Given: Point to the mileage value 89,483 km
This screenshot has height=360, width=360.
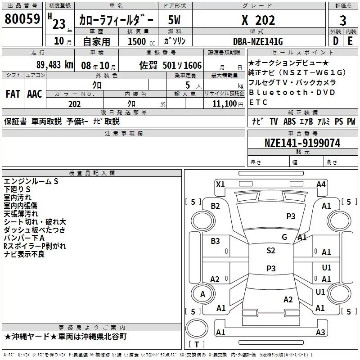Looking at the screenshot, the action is coord(54,64).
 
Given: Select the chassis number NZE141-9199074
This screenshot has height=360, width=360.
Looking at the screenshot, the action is coord(302,144).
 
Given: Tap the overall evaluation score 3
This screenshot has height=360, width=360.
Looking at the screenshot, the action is coord(343,20).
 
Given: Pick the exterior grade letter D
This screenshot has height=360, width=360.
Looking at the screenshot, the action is coord(336,41).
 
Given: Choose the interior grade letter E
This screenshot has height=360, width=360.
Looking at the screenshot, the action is coord(351,41).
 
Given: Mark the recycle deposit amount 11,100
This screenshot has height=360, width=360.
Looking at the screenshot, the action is coord(225,103).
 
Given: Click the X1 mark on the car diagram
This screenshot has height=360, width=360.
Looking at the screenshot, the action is coord(220,184).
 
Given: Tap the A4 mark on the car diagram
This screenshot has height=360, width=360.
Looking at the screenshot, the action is coord(321,184).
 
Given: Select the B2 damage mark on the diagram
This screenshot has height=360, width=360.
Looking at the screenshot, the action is coord(215,206).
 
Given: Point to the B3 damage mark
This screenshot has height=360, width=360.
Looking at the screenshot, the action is coord(215,241).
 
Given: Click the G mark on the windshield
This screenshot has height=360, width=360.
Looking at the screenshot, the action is coord(284,237).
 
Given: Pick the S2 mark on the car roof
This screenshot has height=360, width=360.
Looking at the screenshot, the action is coord(270,251).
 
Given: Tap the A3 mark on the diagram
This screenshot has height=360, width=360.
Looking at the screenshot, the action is coord(320,333).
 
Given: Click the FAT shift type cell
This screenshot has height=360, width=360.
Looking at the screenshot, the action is coord(13,94).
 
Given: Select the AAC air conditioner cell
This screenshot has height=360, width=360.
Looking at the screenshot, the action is coord(34,94).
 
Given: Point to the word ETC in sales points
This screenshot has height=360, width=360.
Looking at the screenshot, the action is coord(258,102).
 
